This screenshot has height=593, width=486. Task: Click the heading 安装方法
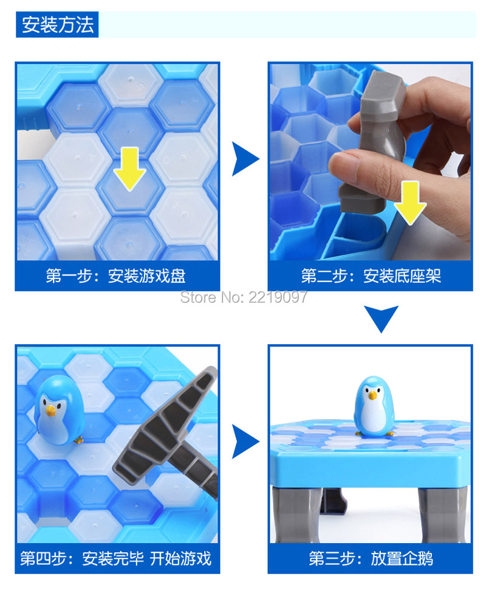[x=57, y=24]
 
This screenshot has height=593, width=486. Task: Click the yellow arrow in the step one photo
[x=129, y=168]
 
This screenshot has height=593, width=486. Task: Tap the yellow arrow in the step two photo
[x=409, y=203]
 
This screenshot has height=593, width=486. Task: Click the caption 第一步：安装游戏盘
[x=115, y=276]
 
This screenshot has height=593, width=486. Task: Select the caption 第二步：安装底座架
[x=371, y=276]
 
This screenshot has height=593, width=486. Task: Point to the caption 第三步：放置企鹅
[x=371, y=558]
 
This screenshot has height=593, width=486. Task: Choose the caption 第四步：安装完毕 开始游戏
[x=115, y=558]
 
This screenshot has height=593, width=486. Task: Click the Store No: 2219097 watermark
[x=244, y=297]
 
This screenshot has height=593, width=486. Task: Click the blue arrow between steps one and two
[x=245, y=159]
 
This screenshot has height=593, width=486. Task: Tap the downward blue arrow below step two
[x=381, y=317]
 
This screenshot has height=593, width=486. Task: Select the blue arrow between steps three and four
[x=245, y=442]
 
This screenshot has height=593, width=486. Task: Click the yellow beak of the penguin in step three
[x=373, y=395]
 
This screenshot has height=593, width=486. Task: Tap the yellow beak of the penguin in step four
[x=50, y=410]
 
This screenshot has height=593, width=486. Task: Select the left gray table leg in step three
[x=296, y=515]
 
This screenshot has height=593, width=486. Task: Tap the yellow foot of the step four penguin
[x=78, y=440]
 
